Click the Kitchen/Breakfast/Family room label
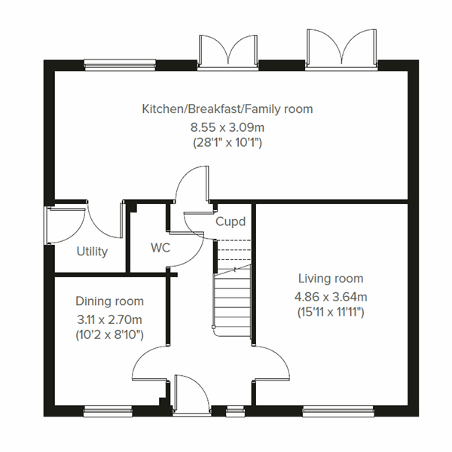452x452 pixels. point(228,109)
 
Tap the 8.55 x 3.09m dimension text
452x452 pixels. point(228,126)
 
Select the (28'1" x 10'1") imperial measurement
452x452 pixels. point(228,142)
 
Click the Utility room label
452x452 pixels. point(92,252)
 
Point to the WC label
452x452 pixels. point(160,247)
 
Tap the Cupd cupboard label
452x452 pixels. point(231,222)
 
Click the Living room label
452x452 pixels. point(330,279)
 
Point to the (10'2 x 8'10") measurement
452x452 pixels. point(110,334)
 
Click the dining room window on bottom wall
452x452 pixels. point(102,411)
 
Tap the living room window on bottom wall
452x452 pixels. point(328,411)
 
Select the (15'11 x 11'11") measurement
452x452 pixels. point(330,312)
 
